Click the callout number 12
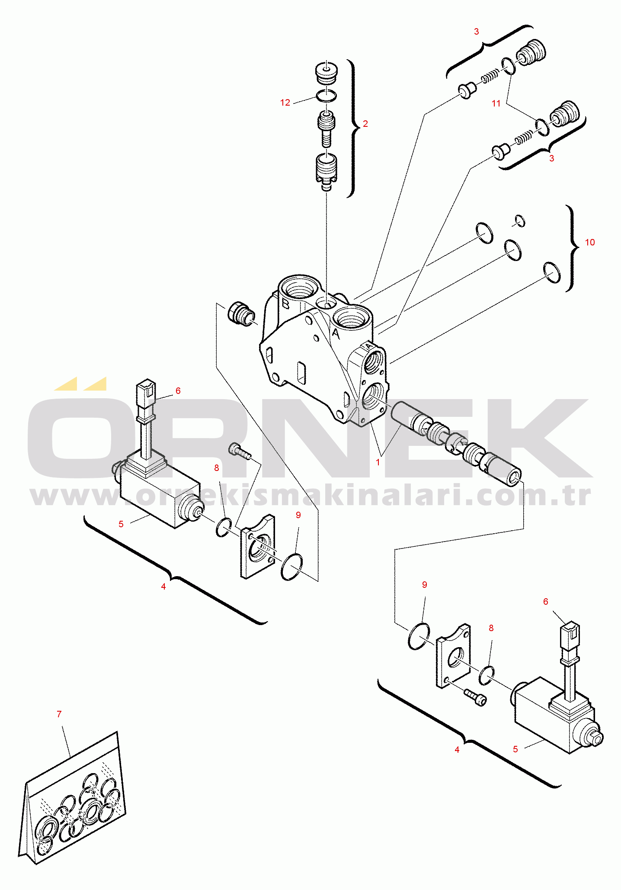(x=285, y=103)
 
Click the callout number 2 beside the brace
(x=365, y=124)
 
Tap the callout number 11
(x=496, y=103)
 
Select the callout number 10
(x=590, y=242)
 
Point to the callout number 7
(x=59, y=714)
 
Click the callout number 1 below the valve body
(x=378, y=462)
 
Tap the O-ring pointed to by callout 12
(x=327, y=96)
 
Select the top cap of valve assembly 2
(x=327, y=74)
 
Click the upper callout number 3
(x=477, y=32)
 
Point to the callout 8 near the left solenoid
(x=217, y=468)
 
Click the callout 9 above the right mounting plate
(x=424, y=585)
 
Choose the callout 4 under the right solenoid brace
(x=457, y=750)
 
